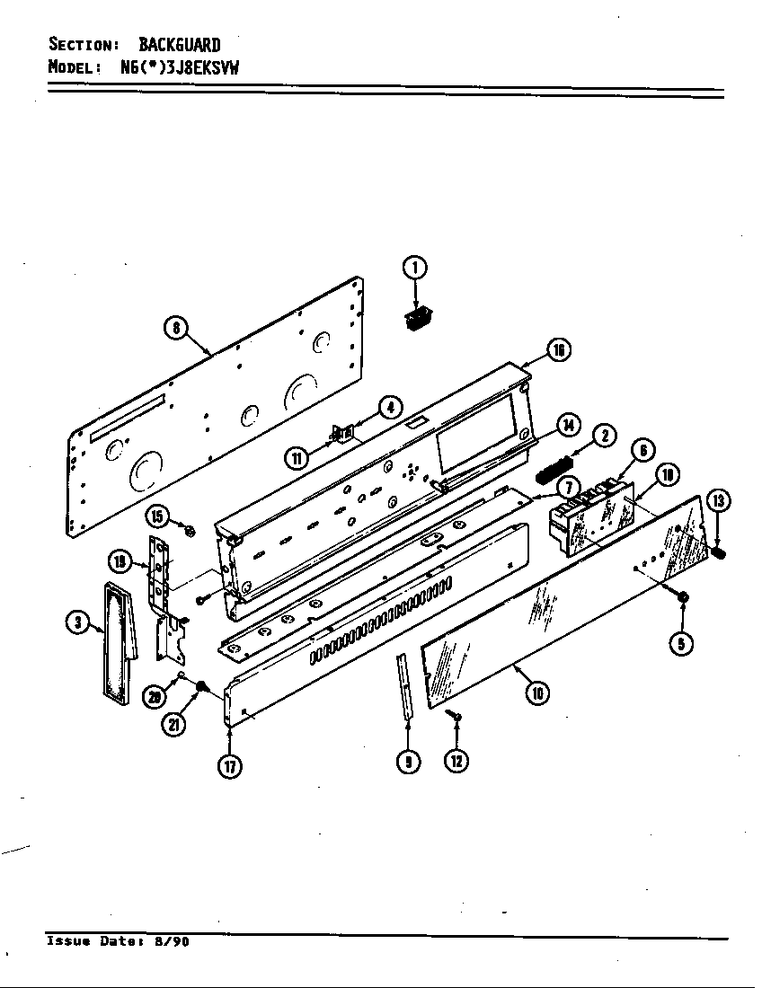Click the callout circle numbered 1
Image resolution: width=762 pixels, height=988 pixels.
point(413,267)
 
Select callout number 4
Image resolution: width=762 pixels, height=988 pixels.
point(389,408)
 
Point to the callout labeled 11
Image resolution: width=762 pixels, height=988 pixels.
point(296,459)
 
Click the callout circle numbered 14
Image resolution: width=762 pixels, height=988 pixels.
point(568,425)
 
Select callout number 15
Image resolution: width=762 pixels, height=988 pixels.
point(159,516)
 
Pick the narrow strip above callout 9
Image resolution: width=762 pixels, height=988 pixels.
point(405,686)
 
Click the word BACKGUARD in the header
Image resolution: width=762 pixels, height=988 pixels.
point(179,44)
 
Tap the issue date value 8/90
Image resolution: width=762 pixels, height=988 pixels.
point(171,942)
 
